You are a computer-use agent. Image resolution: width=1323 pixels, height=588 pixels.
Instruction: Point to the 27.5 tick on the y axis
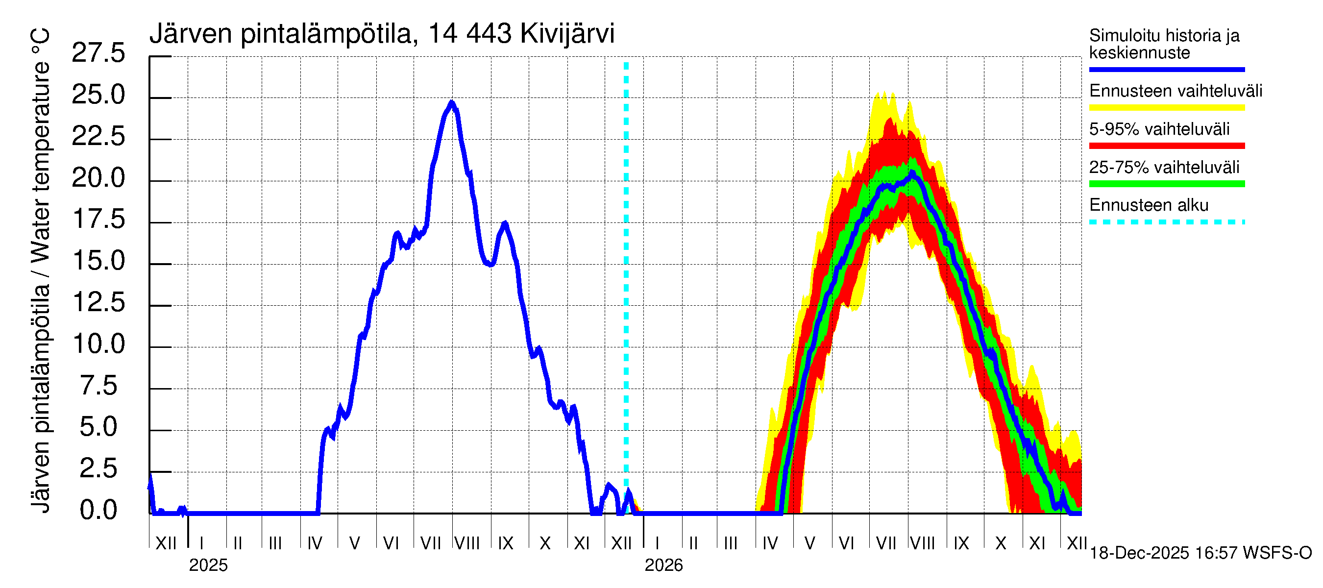(98, 53)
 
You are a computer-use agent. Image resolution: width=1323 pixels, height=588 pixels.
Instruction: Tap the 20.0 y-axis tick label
(98, 179)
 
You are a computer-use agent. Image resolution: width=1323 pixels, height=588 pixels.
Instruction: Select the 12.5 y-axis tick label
(98, 303)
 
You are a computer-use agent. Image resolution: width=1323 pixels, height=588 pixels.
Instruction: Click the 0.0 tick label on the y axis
(98, 511)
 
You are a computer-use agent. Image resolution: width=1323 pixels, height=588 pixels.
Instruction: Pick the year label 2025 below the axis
(208, 565)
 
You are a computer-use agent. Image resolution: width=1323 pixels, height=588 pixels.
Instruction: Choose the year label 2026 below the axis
(663, 565)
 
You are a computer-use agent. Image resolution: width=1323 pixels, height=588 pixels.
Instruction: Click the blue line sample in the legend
(1166, 69)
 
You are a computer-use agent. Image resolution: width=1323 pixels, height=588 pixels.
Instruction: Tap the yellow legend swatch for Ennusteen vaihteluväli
(1166, 108)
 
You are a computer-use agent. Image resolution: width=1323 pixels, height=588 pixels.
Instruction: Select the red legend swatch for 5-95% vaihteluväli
(1166, 146)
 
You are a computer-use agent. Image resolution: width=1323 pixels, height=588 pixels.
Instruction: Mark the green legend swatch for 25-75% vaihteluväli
(1166, 184)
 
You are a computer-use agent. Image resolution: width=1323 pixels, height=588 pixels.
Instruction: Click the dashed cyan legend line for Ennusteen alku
(1166, 222)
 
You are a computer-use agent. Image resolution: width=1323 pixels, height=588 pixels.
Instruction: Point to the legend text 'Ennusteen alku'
(1149, 205)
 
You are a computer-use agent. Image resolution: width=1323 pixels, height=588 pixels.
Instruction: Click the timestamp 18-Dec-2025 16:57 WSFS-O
(1200, 553)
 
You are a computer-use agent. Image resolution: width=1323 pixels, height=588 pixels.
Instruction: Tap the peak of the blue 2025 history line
(452, 103)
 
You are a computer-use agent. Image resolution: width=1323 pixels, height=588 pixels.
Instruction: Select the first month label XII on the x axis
(166, 543)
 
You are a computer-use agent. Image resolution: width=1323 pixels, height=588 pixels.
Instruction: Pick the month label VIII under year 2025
(467, 543)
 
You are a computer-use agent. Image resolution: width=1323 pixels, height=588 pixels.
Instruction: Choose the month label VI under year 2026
(846, 543)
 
